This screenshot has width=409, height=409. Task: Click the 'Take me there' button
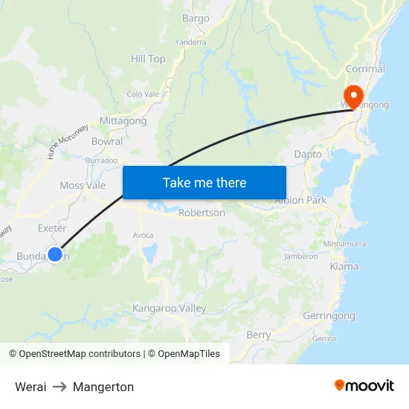point(204,182)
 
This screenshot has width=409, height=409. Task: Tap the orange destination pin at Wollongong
point(351,94)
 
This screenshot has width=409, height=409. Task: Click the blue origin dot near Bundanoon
point(54,254)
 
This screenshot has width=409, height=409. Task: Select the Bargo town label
point(196,18)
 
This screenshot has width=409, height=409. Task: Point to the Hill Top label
point(148,59)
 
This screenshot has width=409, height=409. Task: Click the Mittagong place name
point(123,120)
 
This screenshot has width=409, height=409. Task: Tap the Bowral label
point(106,141)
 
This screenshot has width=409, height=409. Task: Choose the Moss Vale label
point(83,185)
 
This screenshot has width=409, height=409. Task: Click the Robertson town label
point(202,213)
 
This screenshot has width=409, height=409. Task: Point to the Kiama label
point(344,266)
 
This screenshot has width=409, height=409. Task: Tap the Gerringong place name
point(329,316)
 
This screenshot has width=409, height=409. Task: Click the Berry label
point(259,335)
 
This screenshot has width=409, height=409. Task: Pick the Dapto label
point(308,154)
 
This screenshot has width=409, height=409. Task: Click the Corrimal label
point(365,69)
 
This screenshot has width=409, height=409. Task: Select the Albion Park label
point(300,201)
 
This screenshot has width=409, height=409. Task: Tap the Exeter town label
point(52,228)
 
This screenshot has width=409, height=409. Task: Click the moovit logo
point(364,385)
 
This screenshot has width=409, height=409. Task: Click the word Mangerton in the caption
point(103,387)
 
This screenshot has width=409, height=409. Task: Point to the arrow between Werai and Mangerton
point(59,387)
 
